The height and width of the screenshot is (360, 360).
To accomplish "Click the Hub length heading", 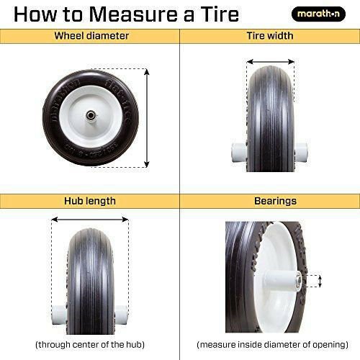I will click(90, 201).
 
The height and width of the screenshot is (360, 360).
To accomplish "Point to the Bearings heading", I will click(270, 201).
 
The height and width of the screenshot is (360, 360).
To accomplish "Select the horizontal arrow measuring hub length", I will click(90, 221).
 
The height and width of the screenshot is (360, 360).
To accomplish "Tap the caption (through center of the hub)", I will click(89, 344).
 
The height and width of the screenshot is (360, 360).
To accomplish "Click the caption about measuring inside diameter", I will click(270, 344).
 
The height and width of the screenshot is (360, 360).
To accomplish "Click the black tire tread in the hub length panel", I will click(90, 274).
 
